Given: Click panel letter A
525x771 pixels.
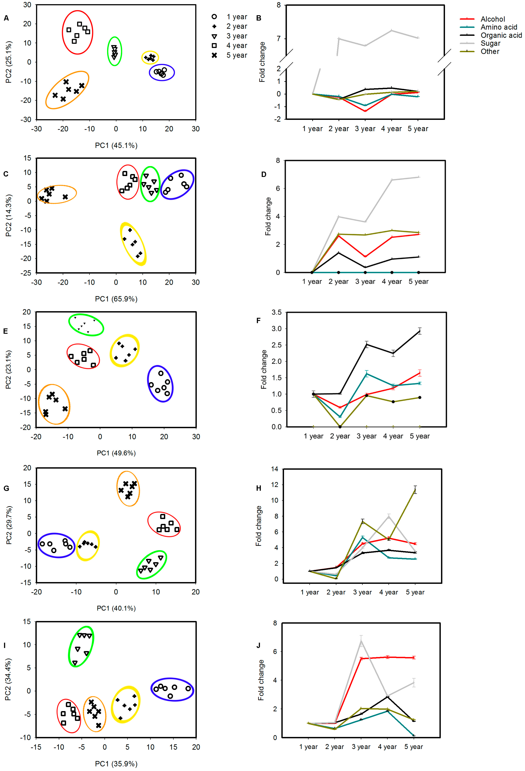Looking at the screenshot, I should coord(6,18).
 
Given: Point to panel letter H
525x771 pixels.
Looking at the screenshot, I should coord(259,488).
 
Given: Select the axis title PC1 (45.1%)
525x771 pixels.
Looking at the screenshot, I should coord(116,145).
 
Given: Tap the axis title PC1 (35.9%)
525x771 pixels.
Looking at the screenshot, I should coord(116,764).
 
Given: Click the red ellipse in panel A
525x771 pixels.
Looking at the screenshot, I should coord(77,32).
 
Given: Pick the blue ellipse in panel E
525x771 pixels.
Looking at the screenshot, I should coord(160,384).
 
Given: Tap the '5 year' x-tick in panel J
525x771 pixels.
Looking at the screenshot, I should coord(413,747).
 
